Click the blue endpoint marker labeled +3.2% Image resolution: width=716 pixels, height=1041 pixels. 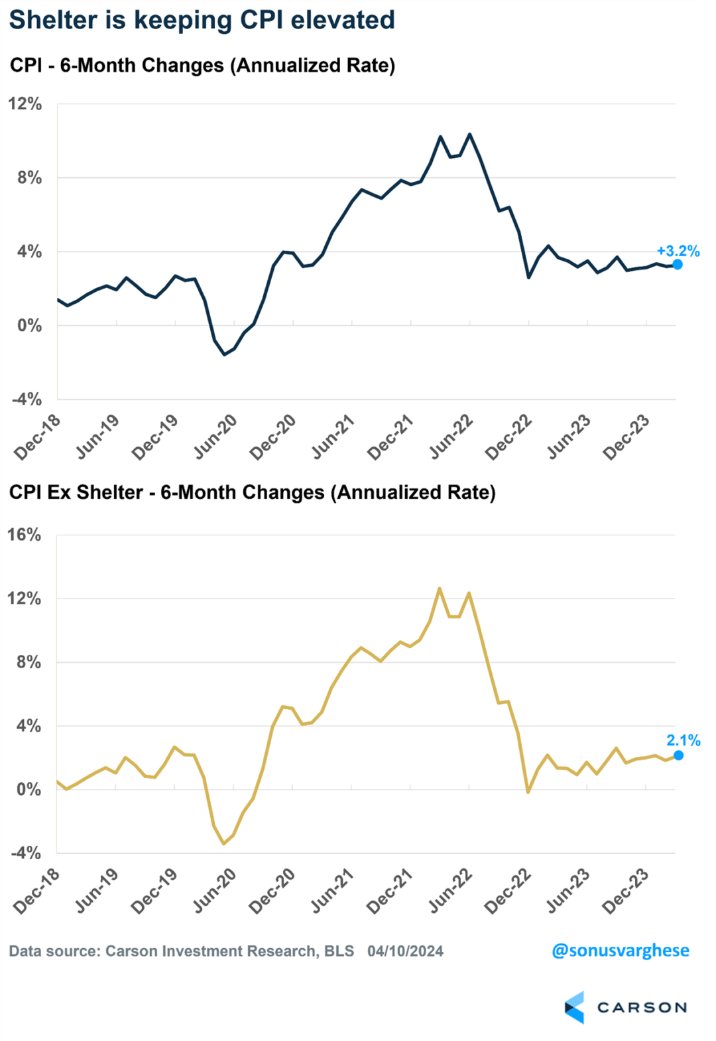678,264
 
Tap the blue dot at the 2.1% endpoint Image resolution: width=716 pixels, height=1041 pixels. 678,755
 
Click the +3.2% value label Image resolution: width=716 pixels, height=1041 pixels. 678,251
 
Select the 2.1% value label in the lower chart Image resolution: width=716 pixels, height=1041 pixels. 683,740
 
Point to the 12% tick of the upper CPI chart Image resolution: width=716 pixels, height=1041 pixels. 25,104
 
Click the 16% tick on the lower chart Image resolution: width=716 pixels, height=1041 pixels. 24,535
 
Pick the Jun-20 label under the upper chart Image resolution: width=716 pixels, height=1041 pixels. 215,437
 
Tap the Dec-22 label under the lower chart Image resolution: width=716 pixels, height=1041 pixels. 508,890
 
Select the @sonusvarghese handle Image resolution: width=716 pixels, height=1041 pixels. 620,950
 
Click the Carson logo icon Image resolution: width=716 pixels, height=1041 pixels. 575,1007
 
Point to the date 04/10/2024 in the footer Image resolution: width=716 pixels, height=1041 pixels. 405,951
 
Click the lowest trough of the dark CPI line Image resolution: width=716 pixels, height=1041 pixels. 224,354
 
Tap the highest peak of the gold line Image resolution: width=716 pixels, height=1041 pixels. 440,588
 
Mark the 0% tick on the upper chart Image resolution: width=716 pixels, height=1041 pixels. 29,325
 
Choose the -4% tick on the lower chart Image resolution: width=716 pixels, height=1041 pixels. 26,853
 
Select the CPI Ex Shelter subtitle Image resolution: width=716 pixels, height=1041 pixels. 252,492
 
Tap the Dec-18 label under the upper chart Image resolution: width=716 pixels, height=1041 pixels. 37,437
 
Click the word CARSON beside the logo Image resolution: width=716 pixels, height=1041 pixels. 642,1007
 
